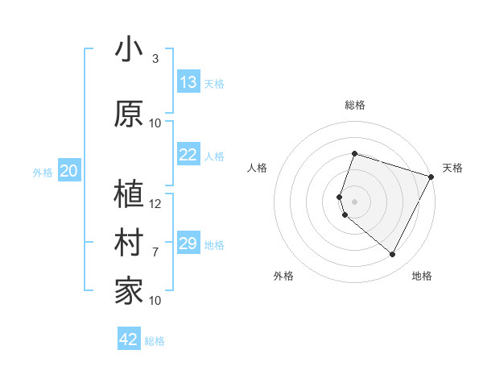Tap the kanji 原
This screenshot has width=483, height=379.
tap(129, 113)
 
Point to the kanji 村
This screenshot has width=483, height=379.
tap(129, 243)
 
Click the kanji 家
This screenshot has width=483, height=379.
tap(129, 291)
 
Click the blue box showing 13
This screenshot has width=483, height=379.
tap(188, 82)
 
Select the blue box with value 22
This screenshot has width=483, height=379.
tap(188, 155)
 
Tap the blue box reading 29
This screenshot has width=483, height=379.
tap(188, 244)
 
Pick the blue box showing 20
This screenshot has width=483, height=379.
tap(69, 171)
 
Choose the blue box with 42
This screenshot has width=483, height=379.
tap(129, 339)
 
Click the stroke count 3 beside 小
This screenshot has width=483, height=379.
tap(155, 59)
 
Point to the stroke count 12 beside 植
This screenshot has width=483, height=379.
tap(155, 204)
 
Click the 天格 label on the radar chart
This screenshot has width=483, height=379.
tap(452, 168)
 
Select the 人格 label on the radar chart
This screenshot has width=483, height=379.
tap(258, 168)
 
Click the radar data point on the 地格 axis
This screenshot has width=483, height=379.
tap(392, 255)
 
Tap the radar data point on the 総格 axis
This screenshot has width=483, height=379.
tap(354, 153)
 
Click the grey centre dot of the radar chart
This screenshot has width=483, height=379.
tap(354, 201)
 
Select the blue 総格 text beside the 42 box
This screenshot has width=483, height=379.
tap(155, 341)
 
